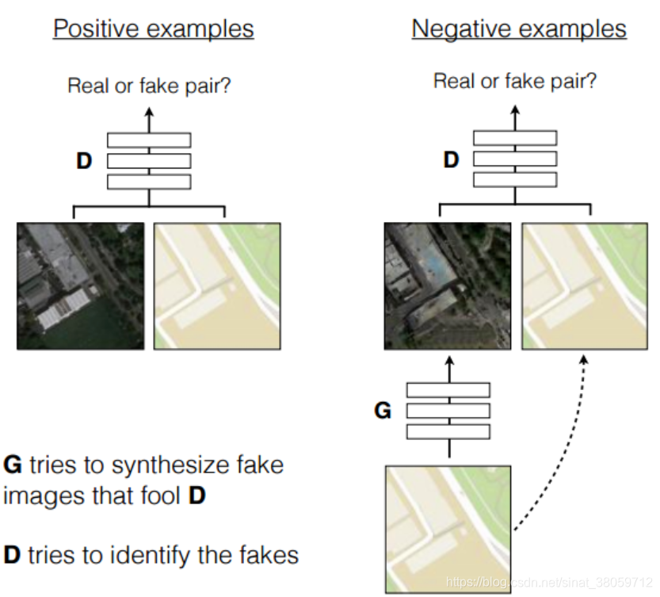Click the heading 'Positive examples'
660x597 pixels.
coord(153,29)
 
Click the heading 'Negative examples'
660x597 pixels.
coord(519,29)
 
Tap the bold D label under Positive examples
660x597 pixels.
coord(83,161)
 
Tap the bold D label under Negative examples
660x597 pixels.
coord(451,160)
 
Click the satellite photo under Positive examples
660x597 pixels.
coord(81,285)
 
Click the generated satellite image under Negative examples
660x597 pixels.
coord(448,285)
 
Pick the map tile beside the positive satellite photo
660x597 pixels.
coord(216,285)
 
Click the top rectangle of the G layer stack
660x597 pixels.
coord(448,390)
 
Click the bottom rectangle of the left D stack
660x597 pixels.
coord(149,182)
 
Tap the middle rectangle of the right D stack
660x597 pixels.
coord(515,159)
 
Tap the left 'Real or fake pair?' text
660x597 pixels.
coord(149,86)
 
